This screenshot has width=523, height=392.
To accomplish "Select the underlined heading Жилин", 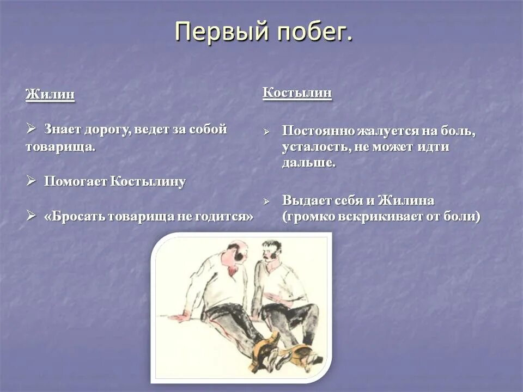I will [50, 94].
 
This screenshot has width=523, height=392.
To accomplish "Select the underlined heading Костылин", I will [297, 93].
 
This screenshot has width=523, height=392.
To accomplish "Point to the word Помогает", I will [76, 182].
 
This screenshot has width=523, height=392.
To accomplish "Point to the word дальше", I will [308, 163].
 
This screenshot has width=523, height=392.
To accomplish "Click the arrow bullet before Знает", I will [31, 129].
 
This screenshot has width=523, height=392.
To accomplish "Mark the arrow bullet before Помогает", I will [31, 181].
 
